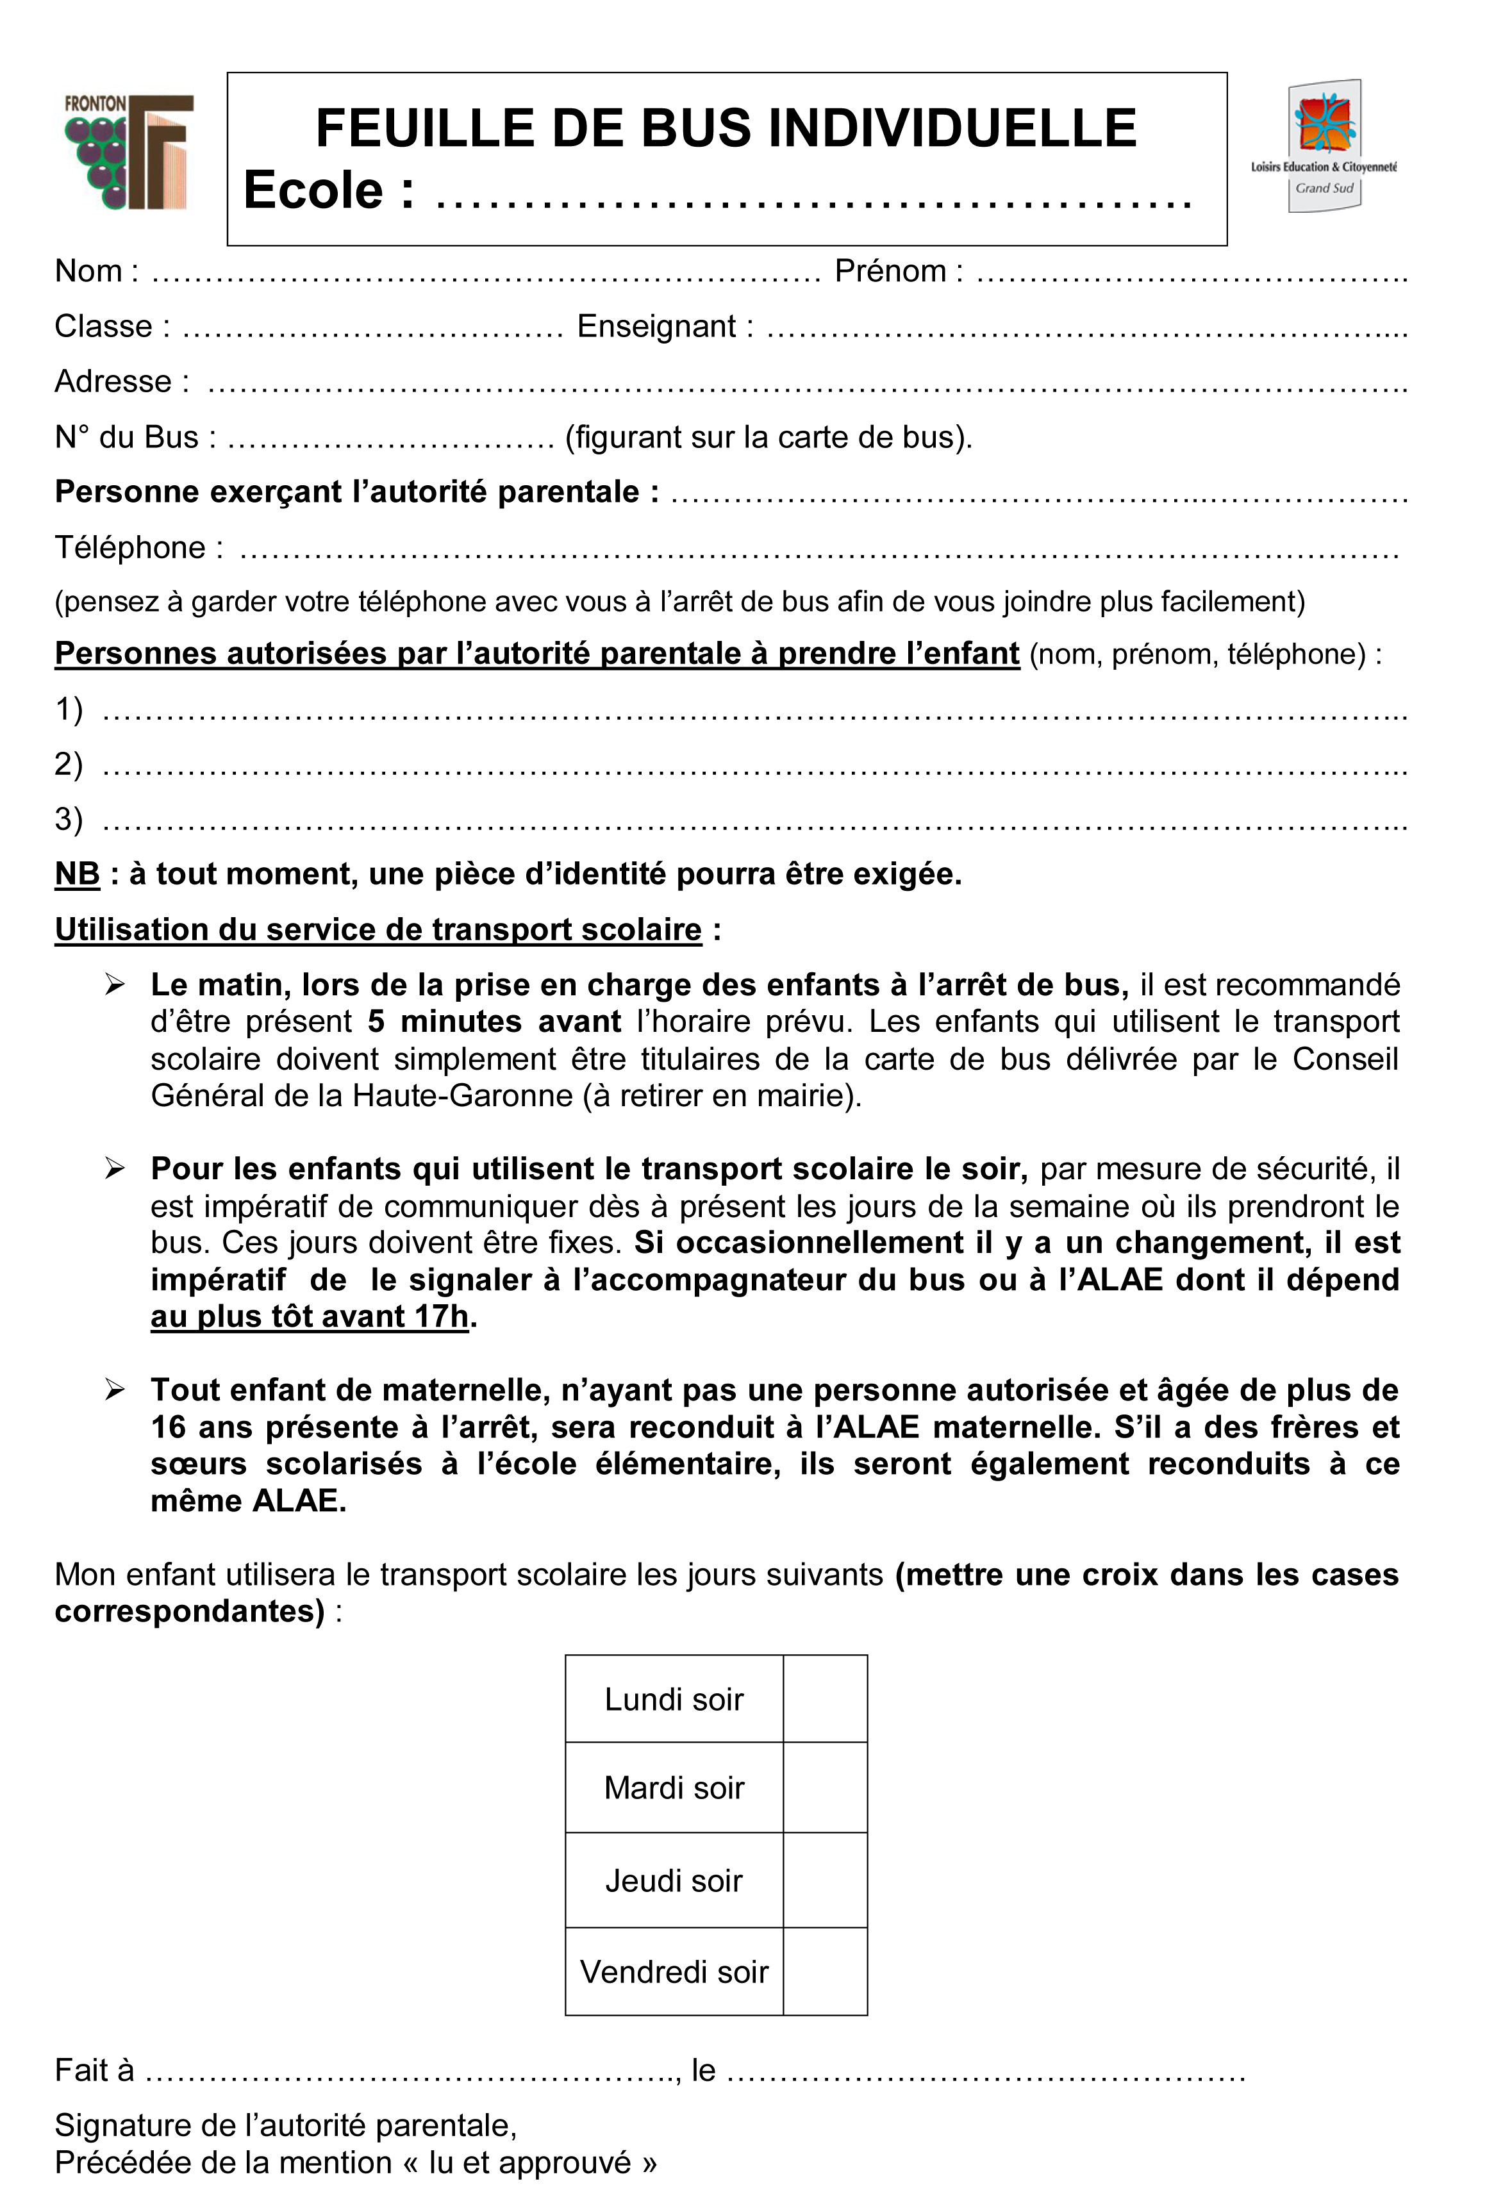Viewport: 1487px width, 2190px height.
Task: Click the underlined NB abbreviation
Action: point(78,874)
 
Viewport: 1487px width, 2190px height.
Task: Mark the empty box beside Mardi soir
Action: point(824,1788)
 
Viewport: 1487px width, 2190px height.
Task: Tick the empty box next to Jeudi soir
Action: point(824,1880)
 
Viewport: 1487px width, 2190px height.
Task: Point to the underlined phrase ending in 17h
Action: point(309,1316)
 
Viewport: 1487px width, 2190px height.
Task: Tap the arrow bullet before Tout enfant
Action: point(115,1391)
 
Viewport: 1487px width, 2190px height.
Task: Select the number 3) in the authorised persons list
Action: point(69,819)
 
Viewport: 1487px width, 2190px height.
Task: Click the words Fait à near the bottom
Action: point(94,2070)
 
